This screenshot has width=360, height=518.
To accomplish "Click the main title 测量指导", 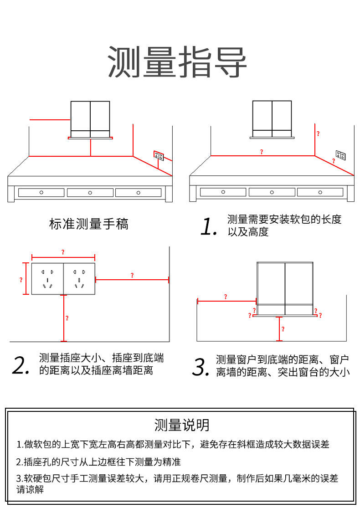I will (x=177, y=62).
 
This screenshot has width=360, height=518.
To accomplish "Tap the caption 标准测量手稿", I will (x=89, y=224).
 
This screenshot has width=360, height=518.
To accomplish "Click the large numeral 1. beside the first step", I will (x=209, y=226).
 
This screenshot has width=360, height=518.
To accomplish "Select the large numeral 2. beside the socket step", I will (x=21, y=365).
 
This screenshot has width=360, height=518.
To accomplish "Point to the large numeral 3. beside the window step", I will (x=201, y=367).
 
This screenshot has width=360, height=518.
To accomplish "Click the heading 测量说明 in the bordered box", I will (x=182, y=425).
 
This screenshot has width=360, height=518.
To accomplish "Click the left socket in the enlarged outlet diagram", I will (x=47, y=279).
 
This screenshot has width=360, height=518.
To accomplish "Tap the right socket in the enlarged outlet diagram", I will (x=79, y=279).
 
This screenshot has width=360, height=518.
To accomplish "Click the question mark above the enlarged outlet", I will (x=63, y=252).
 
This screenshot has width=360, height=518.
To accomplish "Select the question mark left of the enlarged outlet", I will (x=21, y=280).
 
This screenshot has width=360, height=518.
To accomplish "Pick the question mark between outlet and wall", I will (x=132, y=275).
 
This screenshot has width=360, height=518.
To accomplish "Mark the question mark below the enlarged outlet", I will (x=67, y=318).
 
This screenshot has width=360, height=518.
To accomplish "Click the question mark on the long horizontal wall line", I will (x=261, y=152).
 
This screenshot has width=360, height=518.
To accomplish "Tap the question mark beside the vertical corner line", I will (x=318, y=134).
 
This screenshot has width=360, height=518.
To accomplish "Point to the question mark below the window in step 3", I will (x=283, y=328).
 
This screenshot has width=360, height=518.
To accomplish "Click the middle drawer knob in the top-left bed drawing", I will (x=90, y=192).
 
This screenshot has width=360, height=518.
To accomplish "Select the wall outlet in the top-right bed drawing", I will (x=340, y=155).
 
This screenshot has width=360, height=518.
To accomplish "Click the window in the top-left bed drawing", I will (x=90, y=119).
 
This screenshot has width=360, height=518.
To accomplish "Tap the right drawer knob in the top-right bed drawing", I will (x=320, y=192).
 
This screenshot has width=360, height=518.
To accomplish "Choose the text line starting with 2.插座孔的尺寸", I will (x=99, y=462).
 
